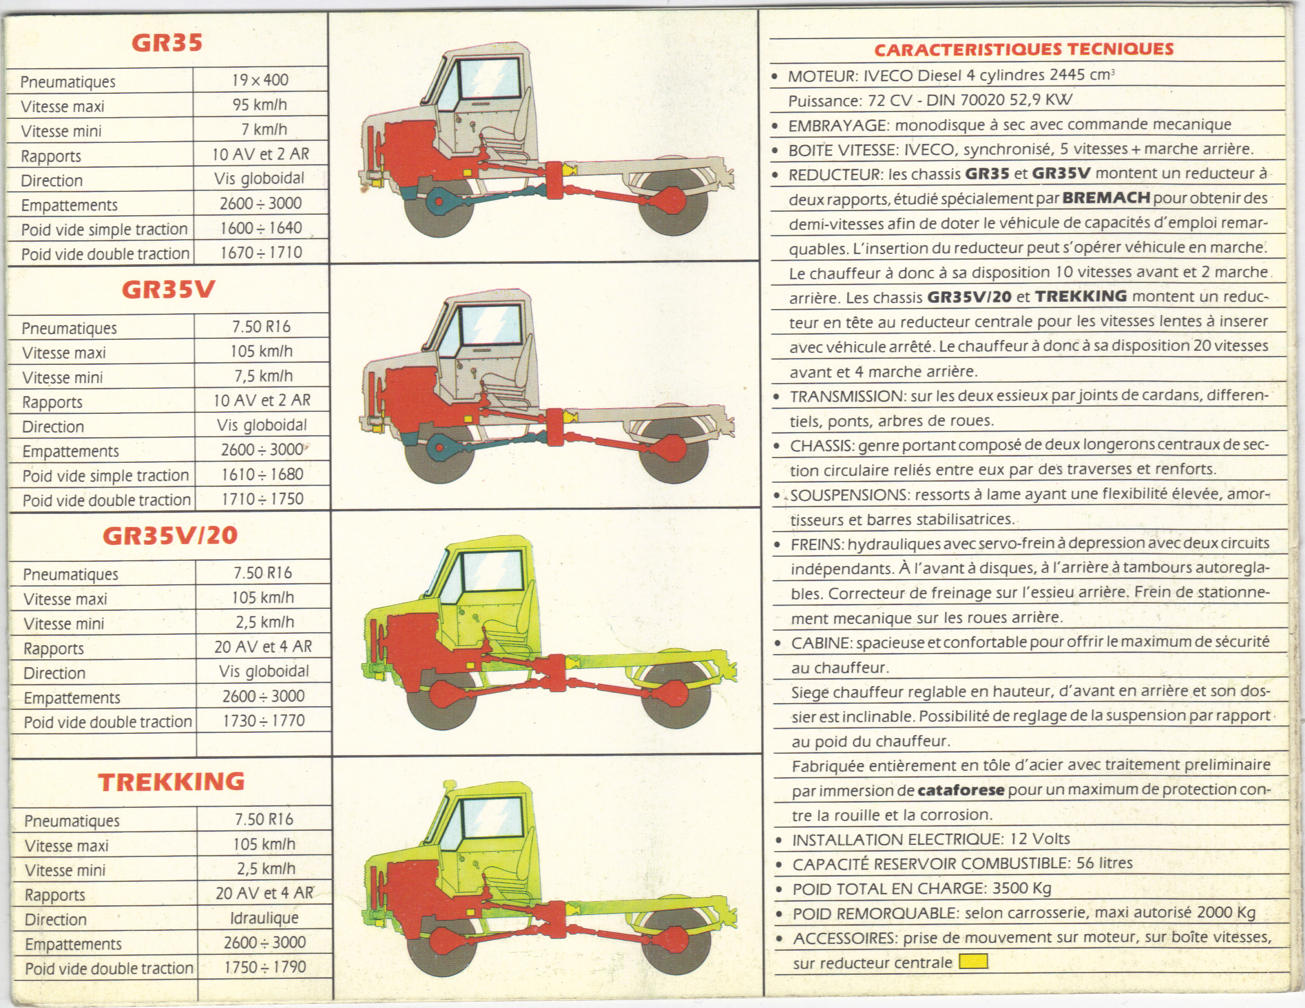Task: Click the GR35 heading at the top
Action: [167, 43]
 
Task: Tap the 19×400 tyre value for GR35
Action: [260, 80]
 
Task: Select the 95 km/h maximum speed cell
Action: [260, 105]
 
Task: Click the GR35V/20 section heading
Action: [170, 535]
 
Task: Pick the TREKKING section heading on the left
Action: [171, 782]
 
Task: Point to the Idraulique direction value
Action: [264, 918]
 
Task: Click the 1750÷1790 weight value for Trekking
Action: [265, 967]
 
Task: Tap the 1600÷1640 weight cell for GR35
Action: [261, 228]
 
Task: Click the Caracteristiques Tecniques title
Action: [1024, 50]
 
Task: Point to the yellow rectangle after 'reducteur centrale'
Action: [973, 962]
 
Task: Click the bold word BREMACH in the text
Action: [1106, 198]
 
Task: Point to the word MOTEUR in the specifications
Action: [813, 77]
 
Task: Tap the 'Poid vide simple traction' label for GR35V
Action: [106, 476]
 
